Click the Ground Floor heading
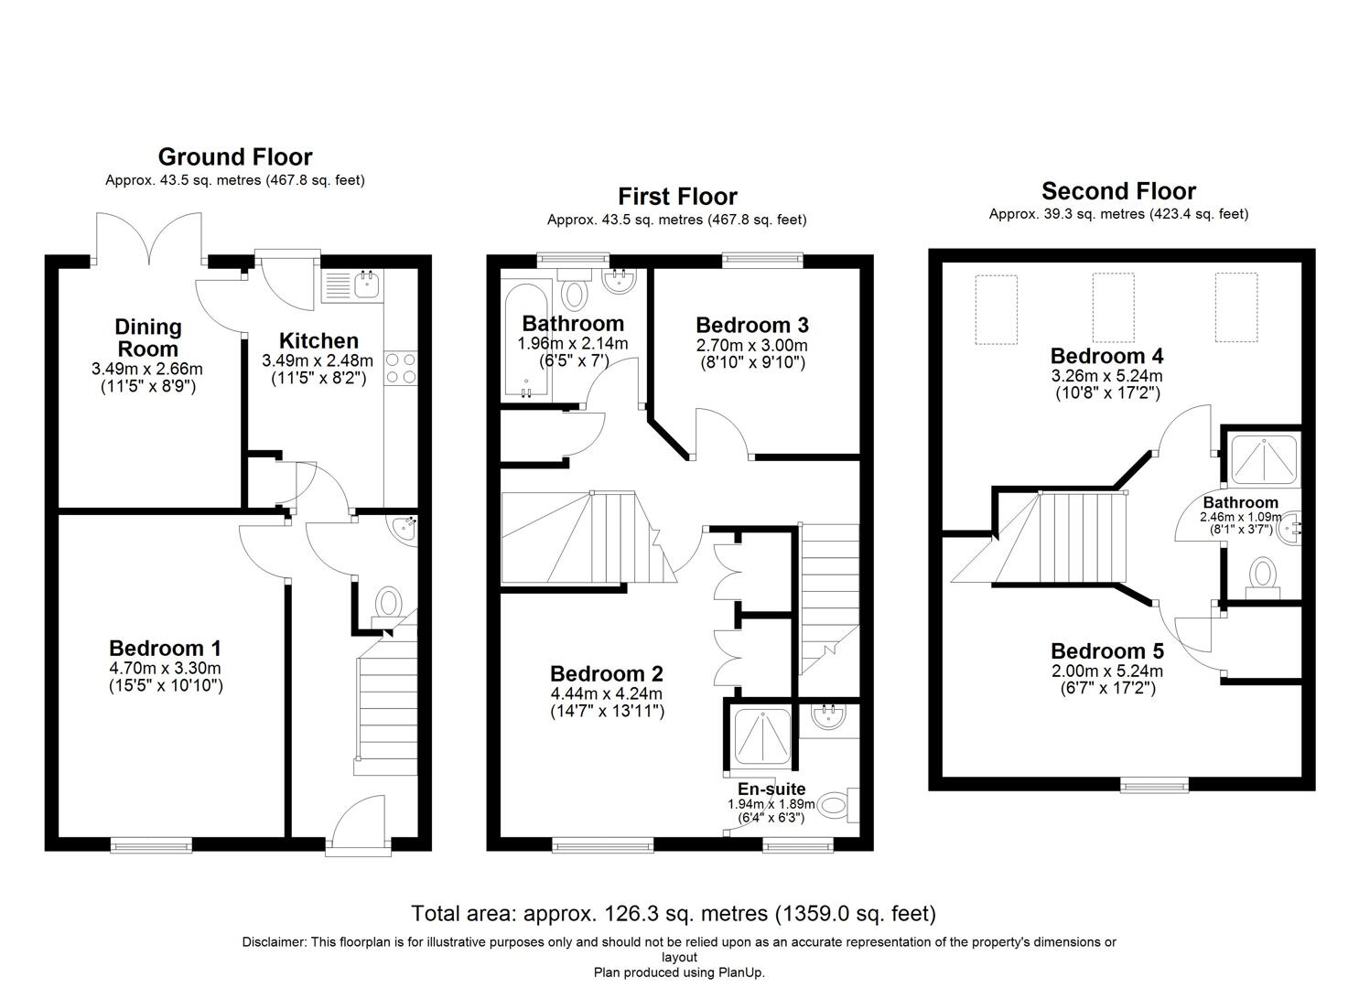click(235, 156)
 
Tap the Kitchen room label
click(318, 341)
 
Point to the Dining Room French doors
click(149, 240)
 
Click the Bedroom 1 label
click(165, 649)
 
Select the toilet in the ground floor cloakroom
click(389, 605)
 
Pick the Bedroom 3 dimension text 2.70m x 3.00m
click(751, 345)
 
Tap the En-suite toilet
click(836, 806)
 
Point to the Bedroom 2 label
click(606, 674)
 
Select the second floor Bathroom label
click(1240, 502)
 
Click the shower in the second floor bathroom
click(1263, 460)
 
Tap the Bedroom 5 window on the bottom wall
click(1155, 784)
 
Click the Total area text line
click(674, 913)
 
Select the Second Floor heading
click(1118, 191)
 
